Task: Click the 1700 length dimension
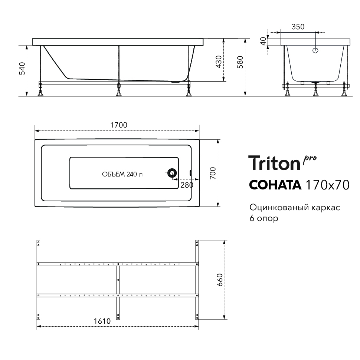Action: coord(119,125)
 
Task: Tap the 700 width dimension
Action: coord(213,174)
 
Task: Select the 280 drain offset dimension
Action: coord(187,185)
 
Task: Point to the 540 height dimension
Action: coord(22,69)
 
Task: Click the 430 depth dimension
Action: coord(219,62)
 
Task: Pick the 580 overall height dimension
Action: coord(240,62)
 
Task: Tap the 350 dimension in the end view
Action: coord(298,27)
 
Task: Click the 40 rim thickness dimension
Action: coord(264,41)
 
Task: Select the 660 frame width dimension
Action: coord(220,280)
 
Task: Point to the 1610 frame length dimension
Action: coord(102,321)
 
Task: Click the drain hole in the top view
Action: coord(172,173)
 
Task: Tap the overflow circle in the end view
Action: coord(315,50)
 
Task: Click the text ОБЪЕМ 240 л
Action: coord(122,174)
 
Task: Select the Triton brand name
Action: coord(275,163)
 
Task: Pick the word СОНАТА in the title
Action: coord(275,185)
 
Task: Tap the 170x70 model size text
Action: coord(327,185)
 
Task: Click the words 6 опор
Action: coord(264,218)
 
